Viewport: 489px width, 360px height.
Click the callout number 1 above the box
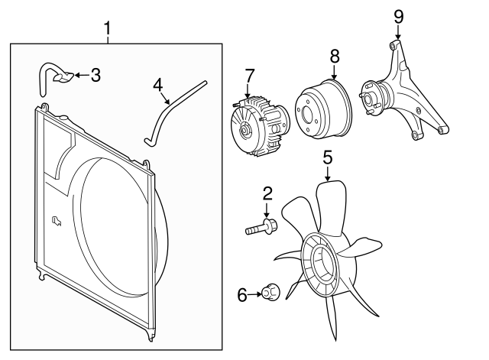(108, 28)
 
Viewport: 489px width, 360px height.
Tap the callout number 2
(267, 193)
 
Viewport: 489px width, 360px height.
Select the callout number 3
(96, 75)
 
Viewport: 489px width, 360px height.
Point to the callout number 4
(158, 85)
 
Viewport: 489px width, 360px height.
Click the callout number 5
(328, 157)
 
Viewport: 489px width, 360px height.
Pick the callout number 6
(242, 295)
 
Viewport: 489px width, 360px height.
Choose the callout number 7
(250, 76)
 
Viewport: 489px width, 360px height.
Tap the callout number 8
(335, 57)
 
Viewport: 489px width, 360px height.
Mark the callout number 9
(398, 17)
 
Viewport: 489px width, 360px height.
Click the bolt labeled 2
(261, 228)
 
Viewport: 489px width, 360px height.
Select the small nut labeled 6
(270, 292)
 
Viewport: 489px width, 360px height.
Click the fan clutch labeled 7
(260, 126)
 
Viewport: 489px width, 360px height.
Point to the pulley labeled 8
(323, 109)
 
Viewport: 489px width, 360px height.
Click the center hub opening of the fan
(322, 264)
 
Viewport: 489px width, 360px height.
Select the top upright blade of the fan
(331, 207)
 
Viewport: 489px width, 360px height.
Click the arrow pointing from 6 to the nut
(255, 294)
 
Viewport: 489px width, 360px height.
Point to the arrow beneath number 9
(398, 32)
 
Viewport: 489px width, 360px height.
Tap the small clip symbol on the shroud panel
(57, 221)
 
